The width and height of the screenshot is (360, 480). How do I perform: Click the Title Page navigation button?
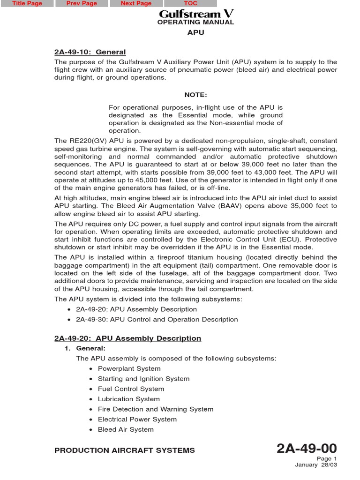pos(27,4)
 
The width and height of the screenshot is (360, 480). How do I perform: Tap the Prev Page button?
pos(82,4)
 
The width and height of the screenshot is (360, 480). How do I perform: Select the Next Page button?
pos(136,4)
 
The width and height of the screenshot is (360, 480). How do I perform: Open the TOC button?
pos(190,4)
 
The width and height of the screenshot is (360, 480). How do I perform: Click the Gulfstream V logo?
pos(196,14)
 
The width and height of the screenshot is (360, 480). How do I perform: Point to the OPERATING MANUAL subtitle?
pos(195,22)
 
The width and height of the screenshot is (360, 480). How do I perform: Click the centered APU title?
pos(195,33)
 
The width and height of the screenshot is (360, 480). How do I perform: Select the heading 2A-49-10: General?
pos(90,52)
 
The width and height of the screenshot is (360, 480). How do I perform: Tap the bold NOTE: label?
pos(195,95)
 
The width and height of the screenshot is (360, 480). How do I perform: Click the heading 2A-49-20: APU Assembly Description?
pos(128,338)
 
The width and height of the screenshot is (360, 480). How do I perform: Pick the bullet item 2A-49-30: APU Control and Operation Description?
pos(157,320)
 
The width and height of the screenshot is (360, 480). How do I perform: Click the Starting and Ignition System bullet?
pos(143,379)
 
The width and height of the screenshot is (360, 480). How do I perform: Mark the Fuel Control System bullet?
pos(131,389)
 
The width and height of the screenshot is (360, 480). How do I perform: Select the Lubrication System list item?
pos(128,399)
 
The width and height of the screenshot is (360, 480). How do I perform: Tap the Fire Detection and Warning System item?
pos(155,409)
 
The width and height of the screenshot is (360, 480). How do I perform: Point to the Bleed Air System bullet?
pos(126,430)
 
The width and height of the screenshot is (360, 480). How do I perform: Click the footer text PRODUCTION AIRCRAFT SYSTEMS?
pos(125,450)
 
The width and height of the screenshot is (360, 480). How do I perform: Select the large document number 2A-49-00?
pos(307,449)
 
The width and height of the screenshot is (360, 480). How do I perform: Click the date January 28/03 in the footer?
pos(315,465)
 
